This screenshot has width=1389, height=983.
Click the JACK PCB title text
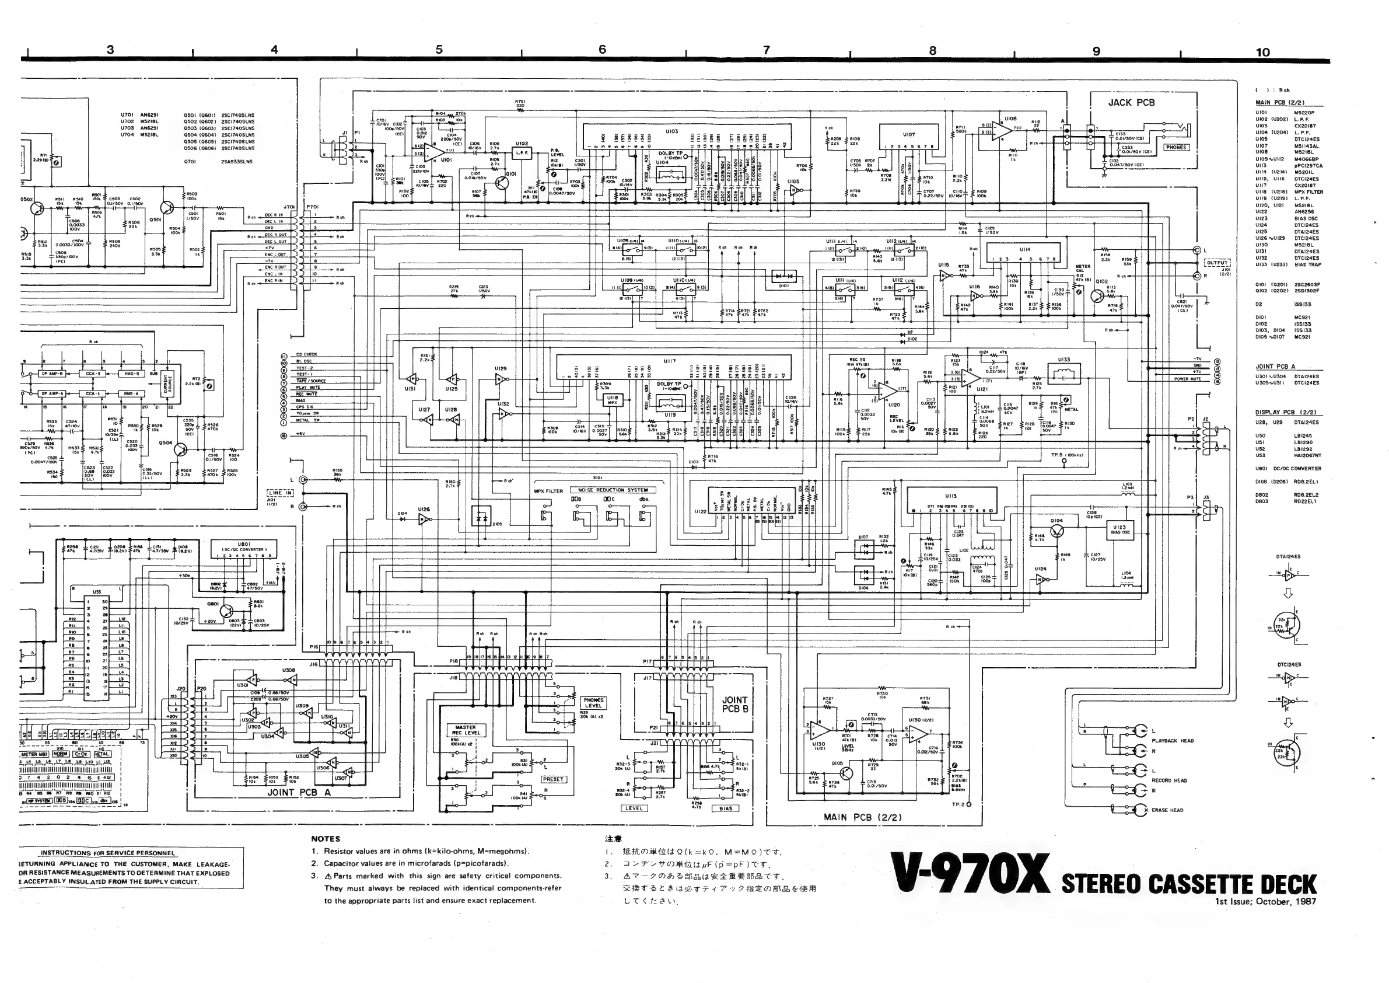(x=1131, y=103)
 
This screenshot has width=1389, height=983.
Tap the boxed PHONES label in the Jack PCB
(x=1175, y=147)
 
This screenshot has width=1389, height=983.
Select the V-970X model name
(x=970, y=875)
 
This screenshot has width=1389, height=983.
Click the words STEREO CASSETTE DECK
(x=1189, y=884)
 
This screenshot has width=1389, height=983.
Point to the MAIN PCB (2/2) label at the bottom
(x=862, y=817)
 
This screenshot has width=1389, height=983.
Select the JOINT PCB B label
(x=734, y=704)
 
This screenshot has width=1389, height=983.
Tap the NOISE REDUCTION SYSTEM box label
(x=613, y=490)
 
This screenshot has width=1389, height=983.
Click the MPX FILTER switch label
(x=548, y=491)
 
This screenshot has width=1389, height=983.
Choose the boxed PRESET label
(x=552, y=779)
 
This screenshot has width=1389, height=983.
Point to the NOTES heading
(x=326, y=839)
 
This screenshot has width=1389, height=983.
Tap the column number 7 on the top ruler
(x=767, y=50)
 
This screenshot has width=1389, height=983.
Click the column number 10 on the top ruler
(x=1262, y=52)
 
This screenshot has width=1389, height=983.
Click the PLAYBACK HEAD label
(x=1173, y=741)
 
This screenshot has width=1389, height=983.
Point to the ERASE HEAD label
(x=1167, y=810)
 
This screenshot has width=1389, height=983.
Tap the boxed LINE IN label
(x=279, y=493)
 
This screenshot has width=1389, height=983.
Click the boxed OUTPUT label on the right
(x=1216, y=263)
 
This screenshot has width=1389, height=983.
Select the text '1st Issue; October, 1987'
(x=1265, y=901)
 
